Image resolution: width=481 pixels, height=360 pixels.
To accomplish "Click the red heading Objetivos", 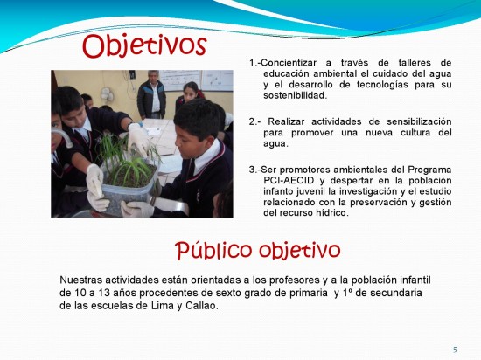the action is pyautogui.click(x=144, y=46).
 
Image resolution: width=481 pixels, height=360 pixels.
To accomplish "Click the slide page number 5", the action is pyautogui.click(x=455, y=350).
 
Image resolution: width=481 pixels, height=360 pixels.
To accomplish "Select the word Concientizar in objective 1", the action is pyautogui.click(x=289, y=63).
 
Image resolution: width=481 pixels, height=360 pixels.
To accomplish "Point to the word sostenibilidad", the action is pyautogui.click(x=296, y=95).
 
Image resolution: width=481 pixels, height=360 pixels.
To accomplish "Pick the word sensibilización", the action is pyautogui.click(x=419, y=121).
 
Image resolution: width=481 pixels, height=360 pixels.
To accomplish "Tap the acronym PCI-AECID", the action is pyautogui.click(x=289, y=181).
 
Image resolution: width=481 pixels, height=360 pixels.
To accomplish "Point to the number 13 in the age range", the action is pyautogui.click(x=104, y=293).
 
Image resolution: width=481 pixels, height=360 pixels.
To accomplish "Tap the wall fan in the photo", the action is pyautogui.click(x=107, y=94).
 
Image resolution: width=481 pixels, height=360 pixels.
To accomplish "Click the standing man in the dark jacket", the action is pyautogui.click(x=151, y=95).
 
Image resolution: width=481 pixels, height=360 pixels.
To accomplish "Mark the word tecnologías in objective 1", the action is pyautogui.click(x=382, y=85).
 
